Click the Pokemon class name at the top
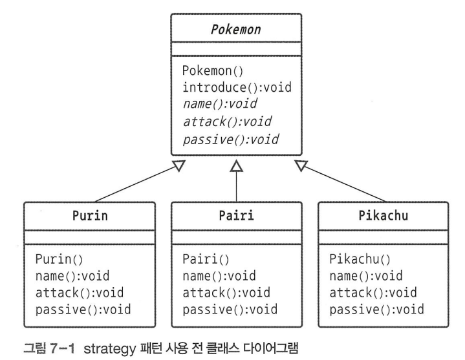click(x=236, y=30)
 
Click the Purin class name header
click(x=89, y=217)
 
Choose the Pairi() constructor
click(x=206, y=260)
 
